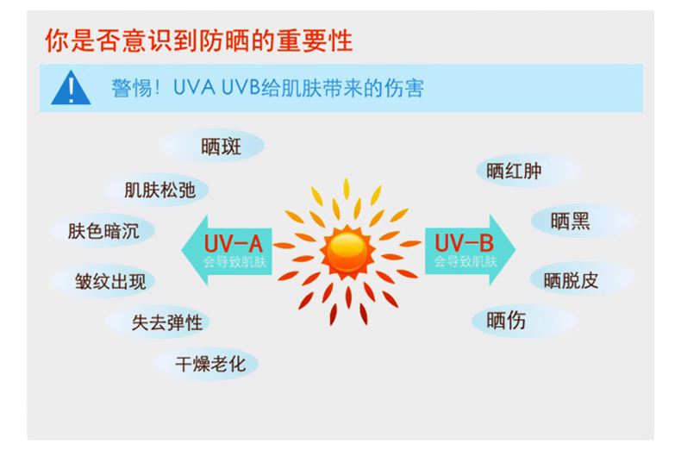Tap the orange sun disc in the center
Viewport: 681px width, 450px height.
click(x=348, y=249)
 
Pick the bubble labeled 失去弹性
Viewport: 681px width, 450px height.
click(x=166, y=322)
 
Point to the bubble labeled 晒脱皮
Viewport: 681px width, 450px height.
click(x=571, y=279)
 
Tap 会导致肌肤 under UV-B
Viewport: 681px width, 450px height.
click(x=465, y=260)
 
